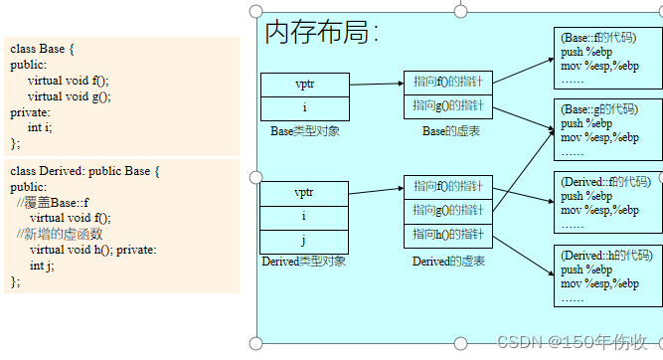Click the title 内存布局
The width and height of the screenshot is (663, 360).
click(x=320, y=34)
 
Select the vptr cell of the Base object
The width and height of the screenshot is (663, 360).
click(x=304, y=85)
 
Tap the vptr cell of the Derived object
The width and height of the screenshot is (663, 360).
click(x=304, y=192)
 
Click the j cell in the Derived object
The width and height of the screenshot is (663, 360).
click(x=304, y=240)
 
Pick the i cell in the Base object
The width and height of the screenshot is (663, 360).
click(x=304, y=108)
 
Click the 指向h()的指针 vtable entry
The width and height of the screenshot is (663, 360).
click(x=448, y=235)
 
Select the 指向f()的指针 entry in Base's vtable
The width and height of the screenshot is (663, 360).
click(x=448, y=83)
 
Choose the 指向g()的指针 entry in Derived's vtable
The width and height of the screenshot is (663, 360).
click(x=448, y=210)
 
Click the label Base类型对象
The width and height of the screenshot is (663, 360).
click(x=305, y=131)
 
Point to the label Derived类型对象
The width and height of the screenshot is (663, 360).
click(x=304, y=262)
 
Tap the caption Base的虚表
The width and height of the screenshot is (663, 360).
click(x=450, y=131)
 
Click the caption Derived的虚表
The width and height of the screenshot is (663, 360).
click(x=448, y=262)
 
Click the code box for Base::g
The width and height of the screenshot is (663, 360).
click(x=606, y=129)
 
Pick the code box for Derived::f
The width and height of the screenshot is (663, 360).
click(x=606, y=203)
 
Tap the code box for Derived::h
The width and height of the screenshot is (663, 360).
click(x=606, y=276)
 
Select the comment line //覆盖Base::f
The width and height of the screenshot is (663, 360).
click(x=53, y=202)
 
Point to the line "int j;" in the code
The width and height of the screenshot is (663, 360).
click(x=44, y=266)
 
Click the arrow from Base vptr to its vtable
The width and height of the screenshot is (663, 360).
click(x=376, y=84)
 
